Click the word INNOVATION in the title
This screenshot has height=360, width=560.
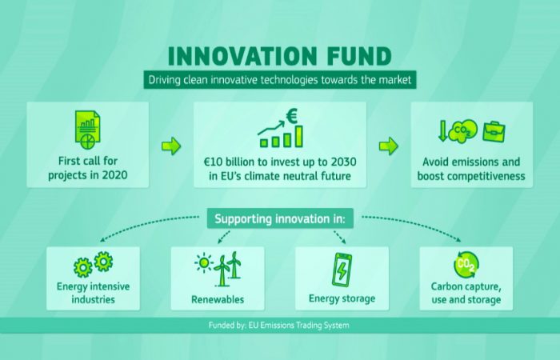(x=242, y=56)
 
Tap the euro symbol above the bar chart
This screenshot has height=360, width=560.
(x=292, y=117)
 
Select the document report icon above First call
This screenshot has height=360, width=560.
(x=88, y=130)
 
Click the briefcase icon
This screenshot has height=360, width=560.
(x=494, y=132)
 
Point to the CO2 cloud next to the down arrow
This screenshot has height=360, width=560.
(x=463, y=131)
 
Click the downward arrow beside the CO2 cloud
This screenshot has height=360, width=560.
(x=443, y=130)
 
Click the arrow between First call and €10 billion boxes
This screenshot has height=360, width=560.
(x=171, y=146)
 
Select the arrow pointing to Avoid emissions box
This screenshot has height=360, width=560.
(x=389, y=146)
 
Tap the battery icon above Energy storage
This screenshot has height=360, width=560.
(x=342, y=270)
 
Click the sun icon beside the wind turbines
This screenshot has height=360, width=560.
(x=204, y=263)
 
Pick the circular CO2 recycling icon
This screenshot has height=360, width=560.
(x=466, y=265)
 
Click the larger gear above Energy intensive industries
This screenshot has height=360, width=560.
(x=83, y=267)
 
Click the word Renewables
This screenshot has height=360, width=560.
(x=218, y=299)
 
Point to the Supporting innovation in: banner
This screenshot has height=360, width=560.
(x=280, y=218)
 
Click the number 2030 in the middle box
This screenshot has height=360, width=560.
(x=343, y=162)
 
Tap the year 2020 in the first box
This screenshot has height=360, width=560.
(x=114, y=175)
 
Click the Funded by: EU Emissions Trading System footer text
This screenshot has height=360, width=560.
(x=279, y=326)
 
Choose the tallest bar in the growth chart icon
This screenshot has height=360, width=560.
(x=299, y=136)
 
